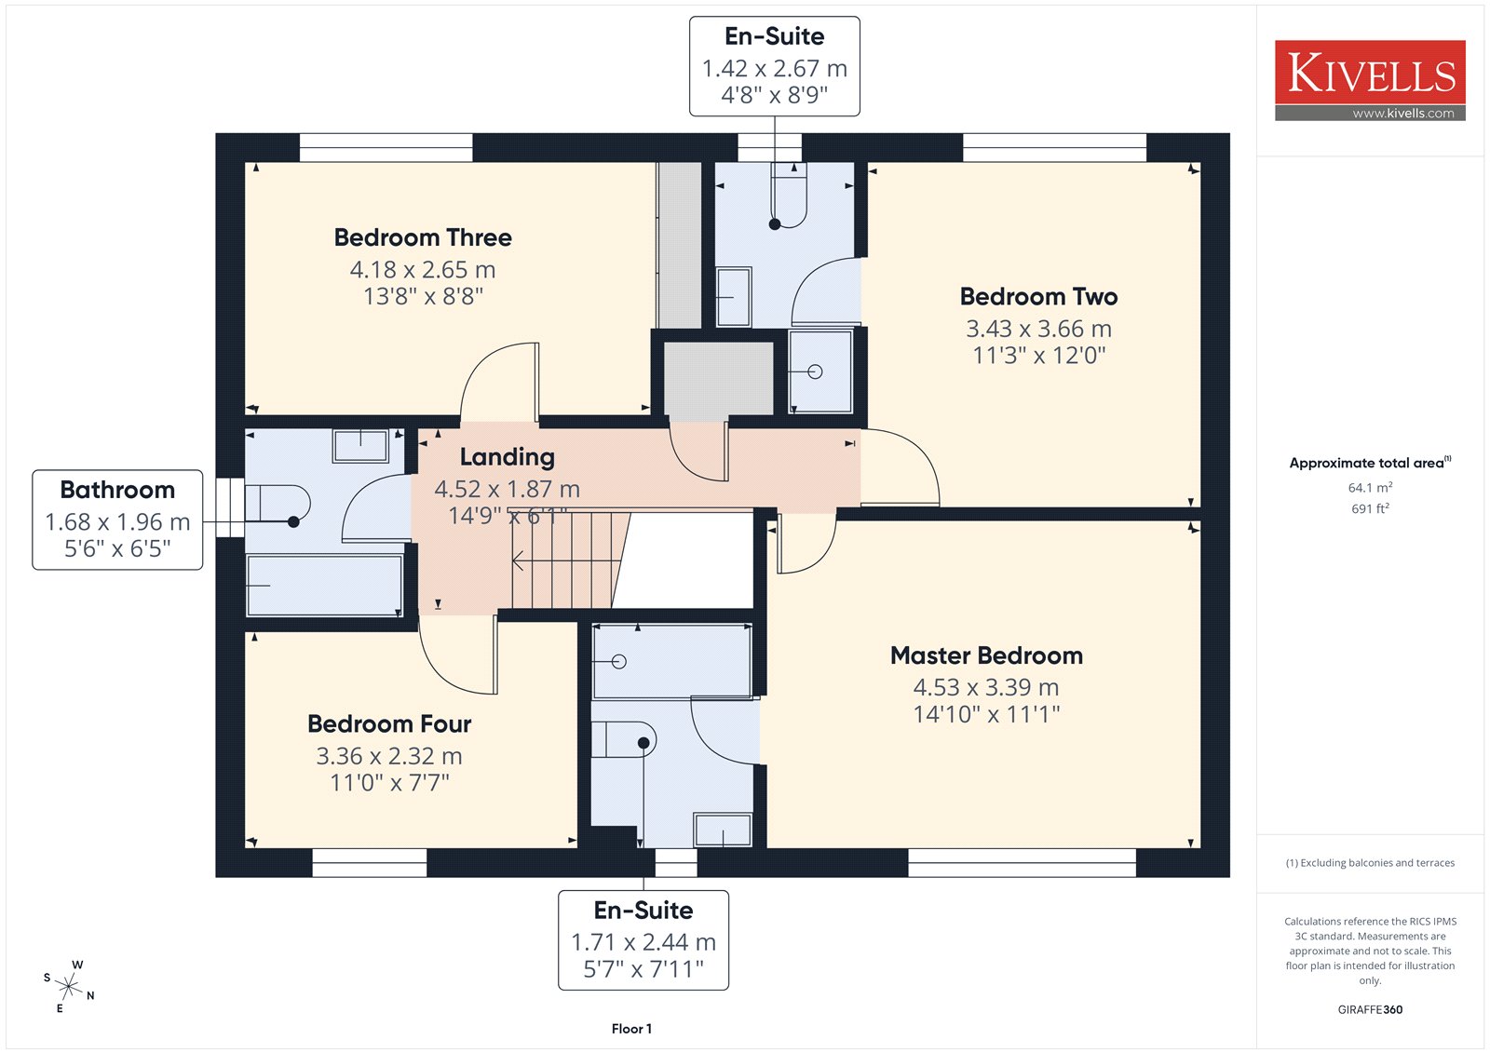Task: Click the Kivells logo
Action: point(1370,80)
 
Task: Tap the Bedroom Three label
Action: point(423,237)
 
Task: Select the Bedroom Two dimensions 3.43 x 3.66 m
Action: point(1038,329)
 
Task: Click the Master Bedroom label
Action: point(986,655)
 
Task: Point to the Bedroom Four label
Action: point(389,723)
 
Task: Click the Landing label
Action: point(507,457)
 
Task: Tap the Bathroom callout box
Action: point(117,520)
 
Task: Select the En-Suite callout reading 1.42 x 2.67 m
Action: point(774,66)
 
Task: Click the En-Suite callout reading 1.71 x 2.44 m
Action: point(643,940)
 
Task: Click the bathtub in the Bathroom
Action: point(325,586)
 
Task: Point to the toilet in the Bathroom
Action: point(278,504)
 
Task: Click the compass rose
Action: point(69,986)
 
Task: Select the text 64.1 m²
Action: point(1370,487)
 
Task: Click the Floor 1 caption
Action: point(631,1029)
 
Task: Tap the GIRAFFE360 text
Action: point(1370,1009)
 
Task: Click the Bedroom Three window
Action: point(386,148)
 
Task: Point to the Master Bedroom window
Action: point(1022,863)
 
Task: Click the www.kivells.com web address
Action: point(1402,113)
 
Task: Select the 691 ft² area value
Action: point(1370,508)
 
